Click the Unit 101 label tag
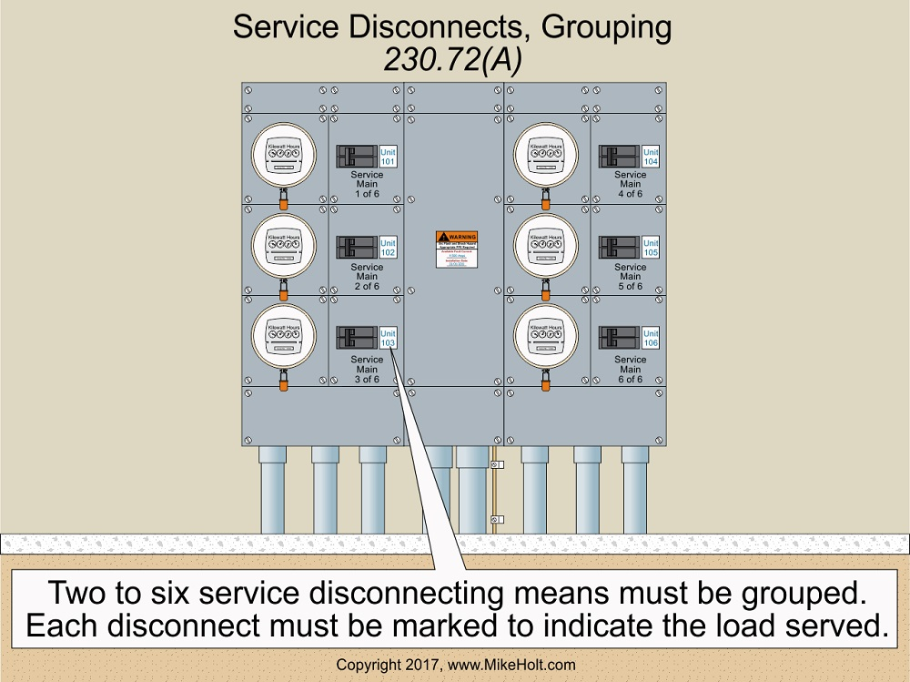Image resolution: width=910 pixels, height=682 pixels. coord(388,156)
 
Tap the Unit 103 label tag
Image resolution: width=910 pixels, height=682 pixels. coord(388,338)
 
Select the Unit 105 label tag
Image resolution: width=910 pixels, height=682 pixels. coord(651,248)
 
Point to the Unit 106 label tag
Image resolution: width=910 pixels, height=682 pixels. coord(651,338)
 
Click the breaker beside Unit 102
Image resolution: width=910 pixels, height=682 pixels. coord(357,248)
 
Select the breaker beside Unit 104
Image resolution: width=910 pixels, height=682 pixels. coord(619,156)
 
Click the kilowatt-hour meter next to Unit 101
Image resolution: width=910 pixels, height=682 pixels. coord(284,155)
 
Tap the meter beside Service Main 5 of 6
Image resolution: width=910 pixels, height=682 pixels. coord(546,246)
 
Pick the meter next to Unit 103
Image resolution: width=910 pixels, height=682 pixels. coord(284,336)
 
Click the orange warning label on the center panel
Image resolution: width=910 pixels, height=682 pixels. coord(456,237)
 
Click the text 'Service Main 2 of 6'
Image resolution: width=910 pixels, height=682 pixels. coord(367,277)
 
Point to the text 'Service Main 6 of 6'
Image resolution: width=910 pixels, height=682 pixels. coord(630,369)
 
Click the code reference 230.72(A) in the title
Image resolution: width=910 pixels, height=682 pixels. coord(451,60)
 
